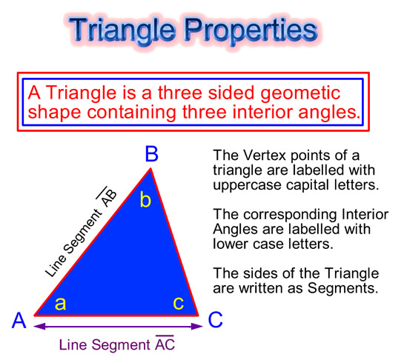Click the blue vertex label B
[x=151, y=154]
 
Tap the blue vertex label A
[x=19, y=320]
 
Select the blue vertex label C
[x=215, y=320]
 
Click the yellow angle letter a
[x=60, y=304]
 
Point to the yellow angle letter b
[x=145, y=199]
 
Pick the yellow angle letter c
[x=179, y=304]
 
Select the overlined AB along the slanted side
[x=107, y=197]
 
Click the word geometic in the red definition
[x=300, y=94]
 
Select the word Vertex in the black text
[x=264, y=156]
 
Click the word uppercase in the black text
[x=247, y=185]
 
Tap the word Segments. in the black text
[x=343, y=288]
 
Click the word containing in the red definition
[x=131, y=113]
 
